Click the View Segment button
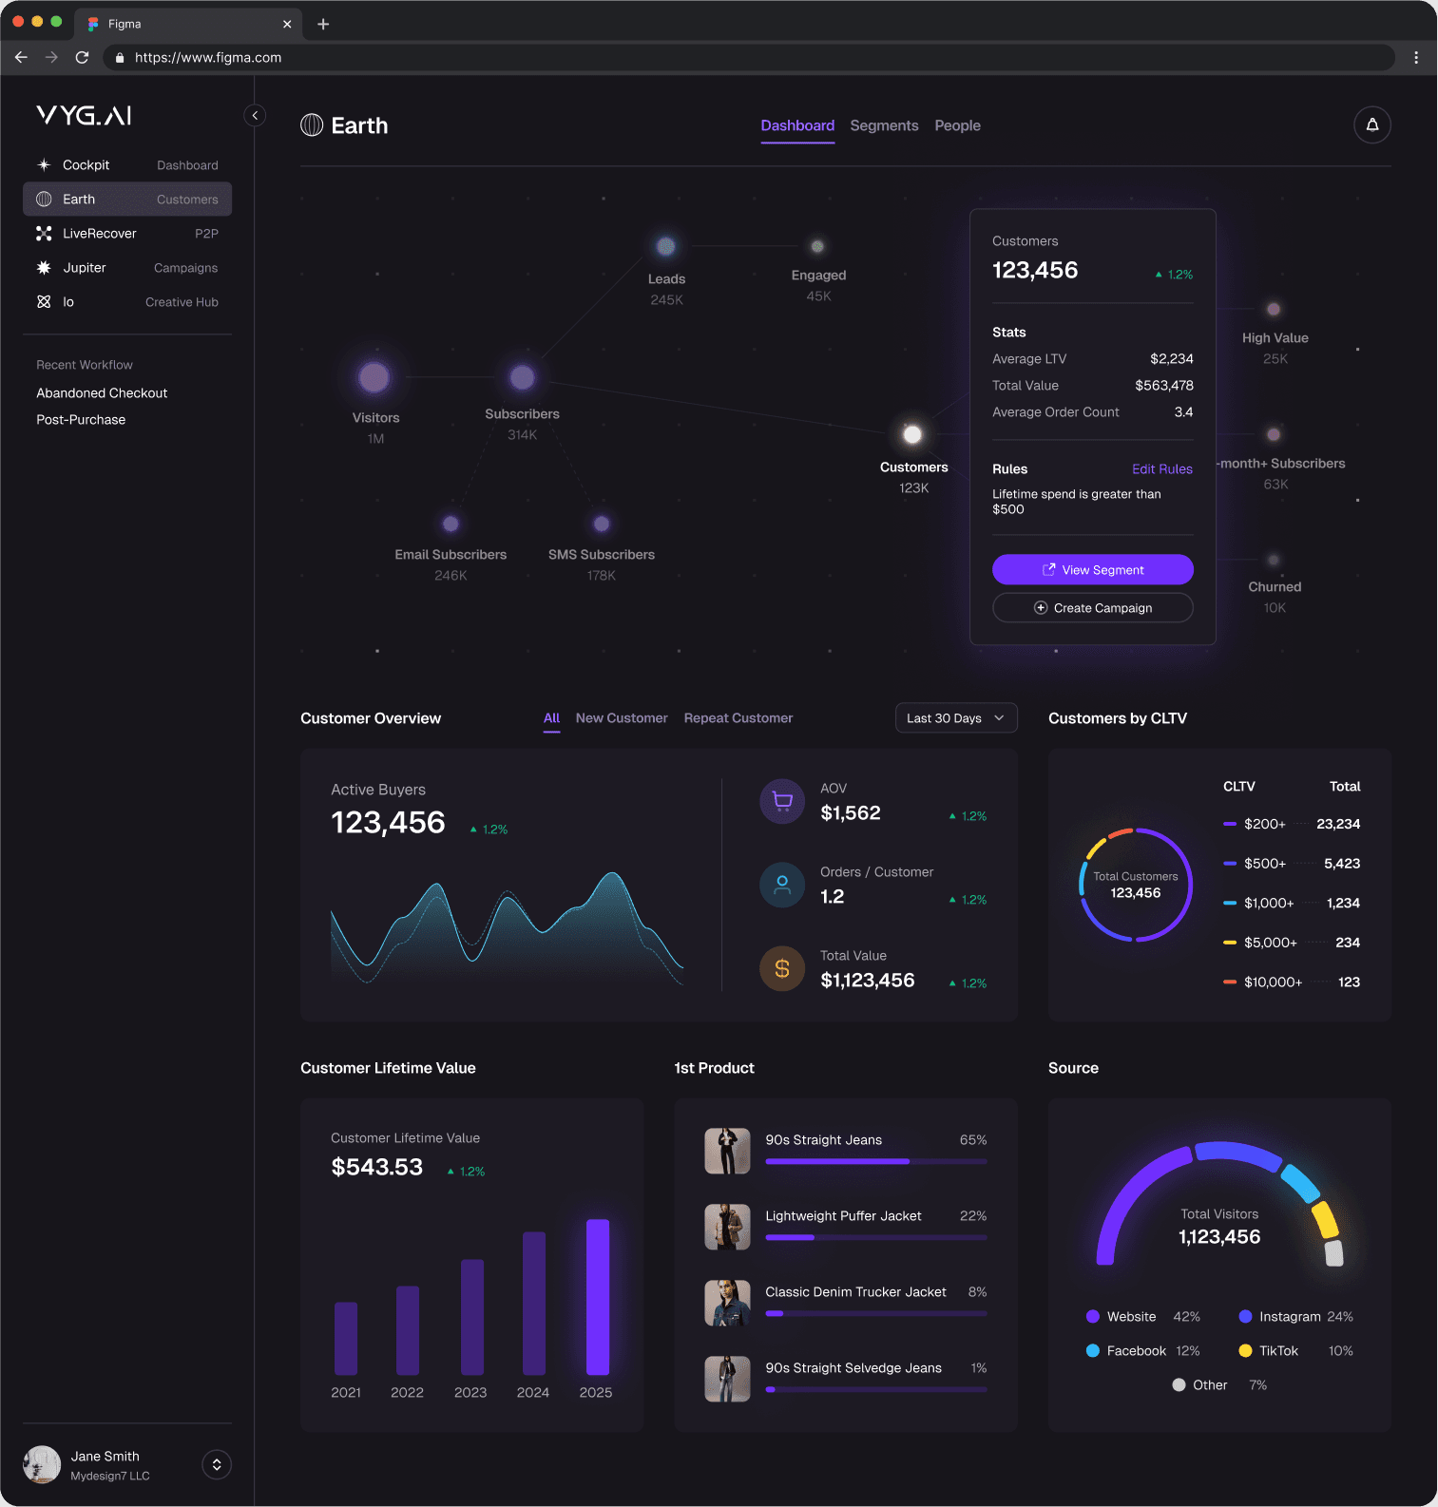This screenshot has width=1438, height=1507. tap(1092, 569)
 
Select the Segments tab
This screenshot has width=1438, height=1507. tap(884, 125)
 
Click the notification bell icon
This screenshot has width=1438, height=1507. tap(1371, 124)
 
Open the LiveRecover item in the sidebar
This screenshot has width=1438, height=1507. tap(100, 234)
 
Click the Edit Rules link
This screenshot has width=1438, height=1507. tap(1161, 469)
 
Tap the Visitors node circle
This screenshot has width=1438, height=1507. tap(374, 377)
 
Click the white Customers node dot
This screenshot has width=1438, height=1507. tap(912, 434)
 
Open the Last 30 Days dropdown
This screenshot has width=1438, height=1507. tap(955, 718)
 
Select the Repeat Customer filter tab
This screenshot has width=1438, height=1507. tap(738, 718)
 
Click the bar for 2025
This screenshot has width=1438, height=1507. tap(597, 1296)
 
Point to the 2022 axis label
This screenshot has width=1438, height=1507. tap(407, 1392)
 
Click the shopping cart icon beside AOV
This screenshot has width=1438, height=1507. tap(782, 801)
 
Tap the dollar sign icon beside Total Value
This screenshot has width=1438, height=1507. tap(782, 968)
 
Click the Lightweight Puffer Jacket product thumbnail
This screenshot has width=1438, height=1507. tap(727, 1227)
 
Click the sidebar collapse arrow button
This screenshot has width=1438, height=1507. tap(255, 116)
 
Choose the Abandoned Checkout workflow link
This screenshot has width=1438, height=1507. tap(102, 393)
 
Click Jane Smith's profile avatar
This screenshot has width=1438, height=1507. tap(42, 1464)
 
